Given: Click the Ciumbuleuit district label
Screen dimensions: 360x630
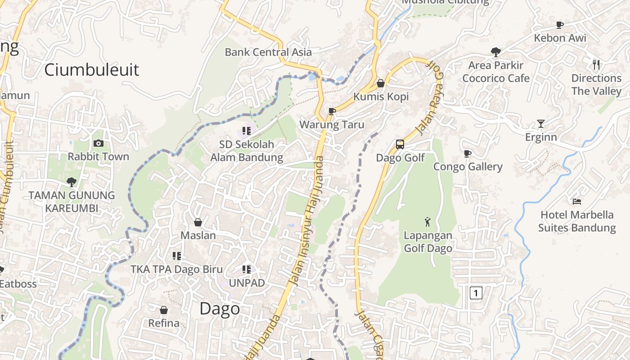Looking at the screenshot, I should (92, 70).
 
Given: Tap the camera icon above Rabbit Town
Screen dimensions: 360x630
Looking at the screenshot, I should (98, 144).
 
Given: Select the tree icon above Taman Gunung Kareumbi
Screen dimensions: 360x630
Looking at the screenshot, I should (71, 182).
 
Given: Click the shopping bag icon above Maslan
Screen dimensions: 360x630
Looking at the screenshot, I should (198, 222).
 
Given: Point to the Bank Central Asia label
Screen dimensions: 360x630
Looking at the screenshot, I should (268, 52).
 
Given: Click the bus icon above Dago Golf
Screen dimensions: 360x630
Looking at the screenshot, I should (400, 144).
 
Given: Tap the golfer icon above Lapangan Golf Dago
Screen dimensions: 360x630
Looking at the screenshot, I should (427, 222).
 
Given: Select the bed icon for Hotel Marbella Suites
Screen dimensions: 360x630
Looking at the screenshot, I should (577, 202).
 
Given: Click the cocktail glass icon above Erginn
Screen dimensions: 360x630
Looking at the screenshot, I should (540, 124).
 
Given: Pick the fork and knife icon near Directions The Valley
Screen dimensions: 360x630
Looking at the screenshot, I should (596, 65).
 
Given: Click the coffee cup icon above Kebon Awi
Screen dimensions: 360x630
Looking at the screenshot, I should (560, 25).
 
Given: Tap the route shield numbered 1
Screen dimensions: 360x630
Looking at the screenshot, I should (476, 293).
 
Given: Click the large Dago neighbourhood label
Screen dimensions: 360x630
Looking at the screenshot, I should (220, 309).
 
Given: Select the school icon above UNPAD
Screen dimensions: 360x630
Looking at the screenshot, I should (246, 270).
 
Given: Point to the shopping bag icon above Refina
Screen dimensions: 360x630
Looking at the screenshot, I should (164, 310).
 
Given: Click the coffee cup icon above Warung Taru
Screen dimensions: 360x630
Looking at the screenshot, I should (332, 111).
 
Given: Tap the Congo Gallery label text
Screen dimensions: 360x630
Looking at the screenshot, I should (468, 167).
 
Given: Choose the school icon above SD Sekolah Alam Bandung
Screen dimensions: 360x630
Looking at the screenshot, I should (246, 131).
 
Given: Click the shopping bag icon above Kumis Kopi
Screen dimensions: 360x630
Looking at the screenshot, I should (381, 83).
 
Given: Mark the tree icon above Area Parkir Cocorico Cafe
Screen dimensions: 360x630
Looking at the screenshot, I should (496, 52).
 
